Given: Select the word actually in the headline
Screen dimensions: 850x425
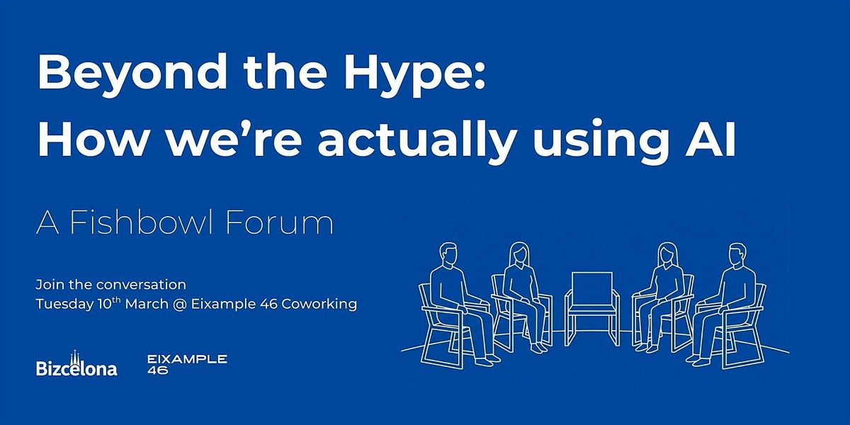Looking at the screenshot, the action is [x=416, y=139].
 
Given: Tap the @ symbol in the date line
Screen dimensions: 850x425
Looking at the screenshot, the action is [x=179, y=305].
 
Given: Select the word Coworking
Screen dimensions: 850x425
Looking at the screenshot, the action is [x=319, y=305].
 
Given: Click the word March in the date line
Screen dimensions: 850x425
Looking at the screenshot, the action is [x=147, y=304].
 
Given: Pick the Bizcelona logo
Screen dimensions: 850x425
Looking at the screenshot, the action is [x=76, y=363].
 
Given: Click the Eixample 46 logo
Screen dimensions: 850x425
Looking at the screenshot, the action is [x=187, y=364].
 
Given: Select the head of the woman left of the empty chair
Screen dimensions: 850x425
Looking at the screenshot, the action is [x=518, y=254].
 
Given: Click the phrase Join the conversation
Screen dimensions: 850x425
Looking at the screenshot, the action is [x=110, y=285].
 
